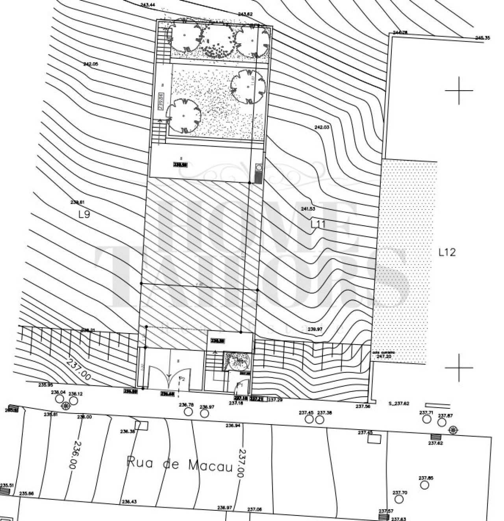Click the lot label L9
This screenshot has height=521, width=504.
pyautogui.click(x=84, y=215)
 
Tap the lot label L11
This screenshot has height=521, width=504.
pyautogui.click(x=317, y=224)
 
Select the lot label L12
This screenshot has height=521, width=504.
pyautogui.click(x=447, y=252)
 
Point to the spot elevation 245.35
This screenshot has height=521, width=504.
pyautogui.click(x=482, y=38)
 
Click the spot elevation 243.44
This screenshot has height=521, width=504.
pyautogui.click(x=148, y=5)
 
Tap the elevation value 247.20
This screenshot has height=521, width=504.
pyautogui.click(x=384, y=356)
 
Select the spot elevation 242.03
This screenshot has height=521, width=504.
pyautogui.click(x=321, y=127)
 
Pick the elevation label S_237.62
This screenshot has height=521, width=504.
pyautogui.click(x=399, y=404)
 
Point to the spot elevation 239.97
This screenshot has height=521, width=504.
pyautogui.click(x=315, y=329)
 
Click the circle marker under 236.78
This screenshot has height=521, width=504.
pyautogui.click(x=189, y=412)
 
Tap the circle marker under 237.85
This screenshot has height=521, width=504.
pyautogui.click(x=424, y=485)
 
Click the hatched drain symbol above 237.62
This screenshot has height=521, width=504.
pyautogui.click(x=435, y=437)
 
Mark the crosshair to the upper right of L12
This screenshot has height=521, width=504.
pyautogui.click(x=459, y=91)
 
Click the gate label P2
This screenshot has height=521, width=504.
pyautogui.click(x=182, y=378)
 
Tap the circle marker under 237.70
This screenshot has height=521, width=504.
pyautogui.click(x=399, y=499)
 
